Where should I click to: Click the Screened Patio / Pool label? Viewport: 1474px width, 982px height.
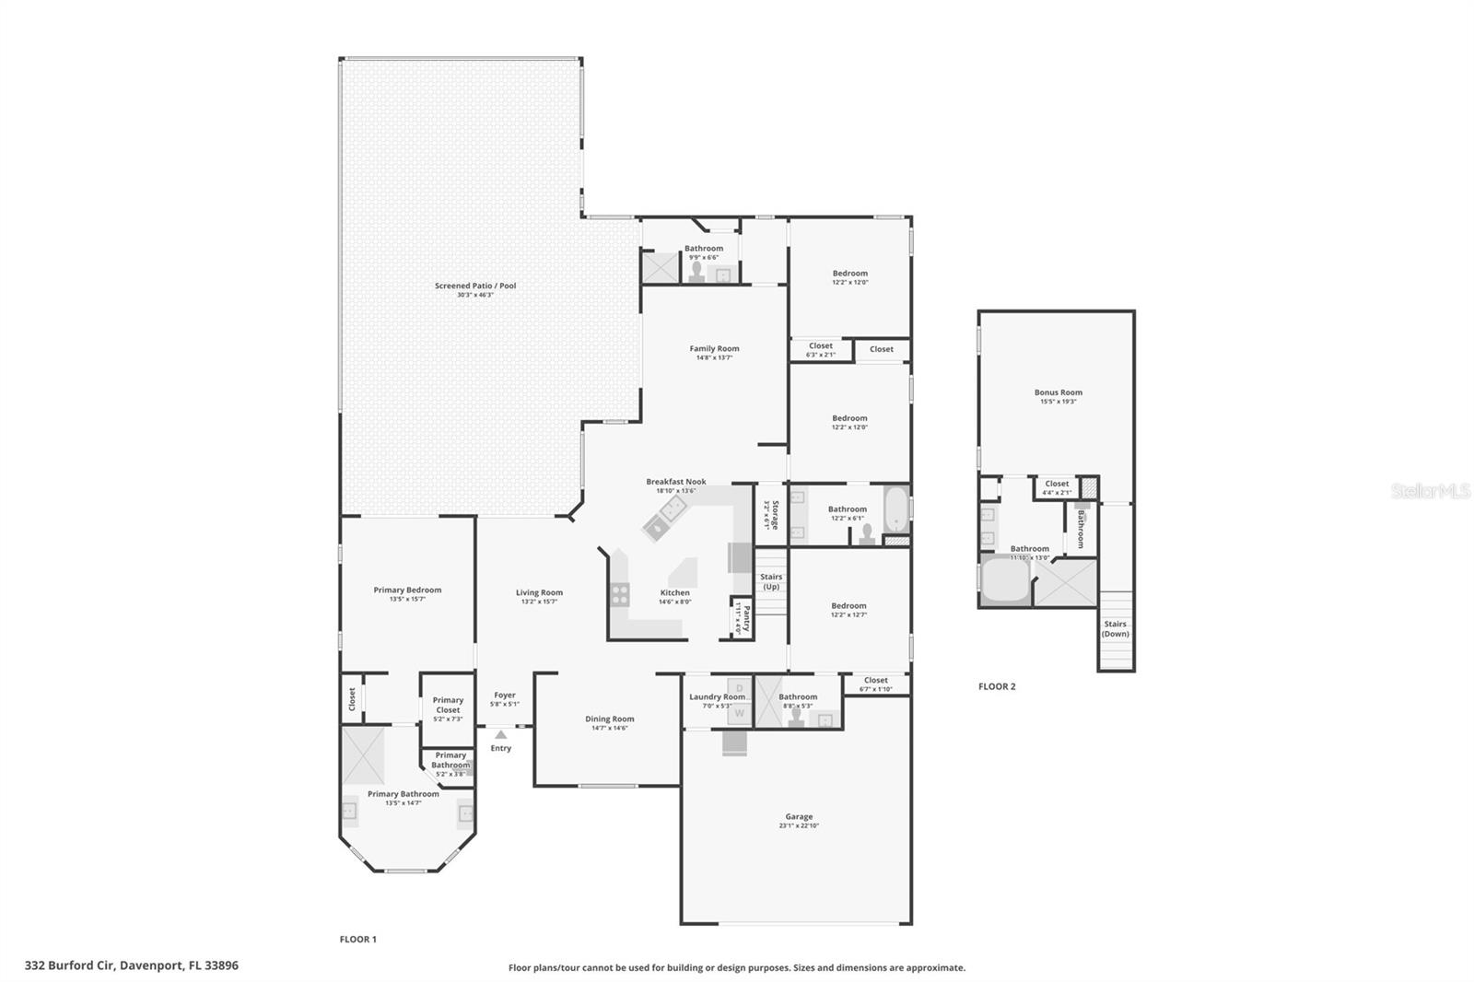tap(475, 286)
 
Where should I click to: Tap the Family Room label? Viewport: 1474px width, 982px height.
tap(714, 349)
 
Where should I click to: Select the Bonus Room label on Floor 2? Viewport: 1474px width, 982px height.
tap(1058, 392)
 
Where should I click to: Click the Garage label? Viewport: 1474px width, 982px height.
tap(799, 817)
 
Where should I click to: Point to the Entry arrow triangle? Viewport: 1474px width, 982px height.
tap(500, 734)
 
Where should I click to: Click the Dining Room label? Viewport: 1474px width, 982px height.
tap(609, 719)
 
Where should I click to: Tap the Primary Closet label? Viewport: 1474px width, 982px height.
tap(448, 705)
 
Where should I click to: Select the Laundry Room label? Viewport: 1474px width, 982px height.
tap(717, 697)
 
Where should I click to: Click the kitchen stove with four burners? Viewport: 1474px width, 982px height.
tap(620, 594)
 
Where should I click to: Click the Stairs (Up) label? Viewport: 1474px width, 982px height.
tap(771, 581)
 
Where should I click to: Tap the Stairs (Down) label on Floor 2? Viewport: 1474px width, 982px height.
tap(1115, 628)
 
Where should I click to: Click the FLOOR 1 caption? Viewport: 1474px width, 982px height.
tap(358, 940)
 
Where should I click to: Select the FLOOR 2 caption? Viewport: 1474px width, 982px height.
tap(997, 686)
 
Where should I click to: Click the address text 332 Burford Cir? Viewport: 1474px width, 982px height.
tap(131, 965)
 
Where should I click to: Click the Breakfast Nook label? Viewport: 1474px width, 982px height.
tap(675, 482)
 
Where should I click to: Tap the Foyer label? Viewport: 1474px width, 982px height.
tap(504, 696)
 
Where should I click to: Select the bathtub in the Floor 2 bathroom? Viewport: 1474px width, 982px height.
tap(1004, 579)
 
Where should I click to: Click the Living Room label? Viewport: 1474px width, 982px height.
tap(539, 593)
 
